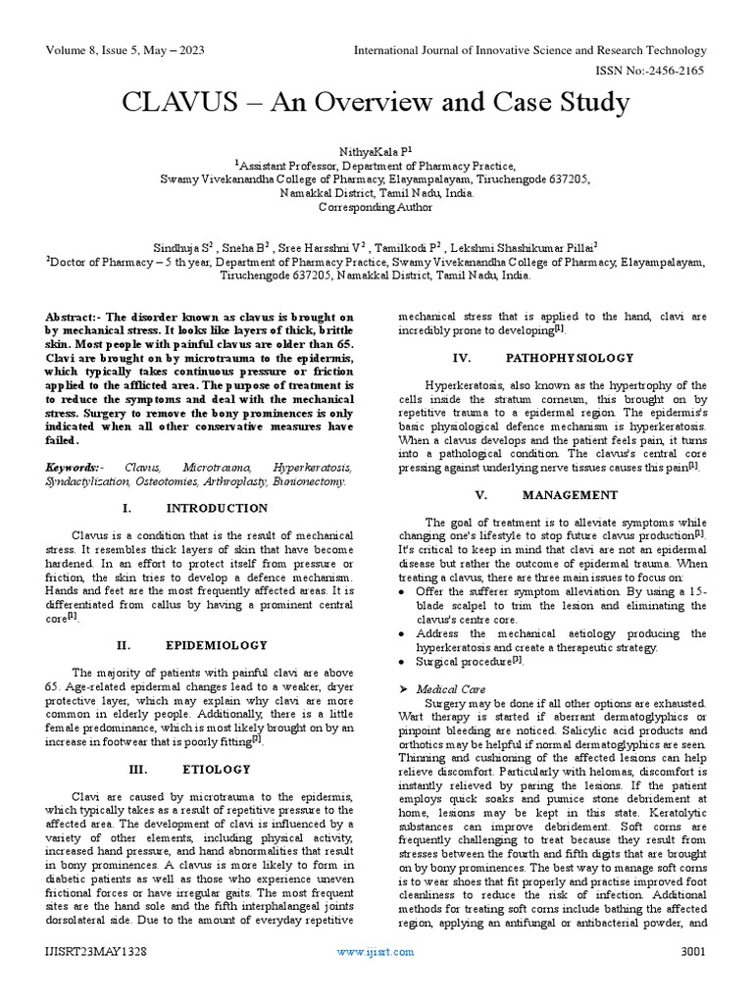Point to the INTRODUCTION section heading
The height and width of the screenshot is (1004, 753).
click(217, 508)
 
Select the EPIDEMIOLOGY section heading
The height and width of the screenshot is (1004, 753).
click(216, 645)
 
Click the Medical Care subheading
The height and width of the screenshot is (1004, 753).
click(450, 689)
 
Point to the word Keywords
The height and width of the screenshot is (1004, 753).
click(72, 470)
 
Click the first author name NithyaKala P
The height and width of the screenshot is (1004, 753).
click(375, 152)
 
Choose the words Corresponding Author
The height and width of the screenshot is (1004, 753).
click(376, 208)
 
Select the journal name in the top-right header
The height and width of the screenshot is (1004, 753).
click(529, 50)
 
